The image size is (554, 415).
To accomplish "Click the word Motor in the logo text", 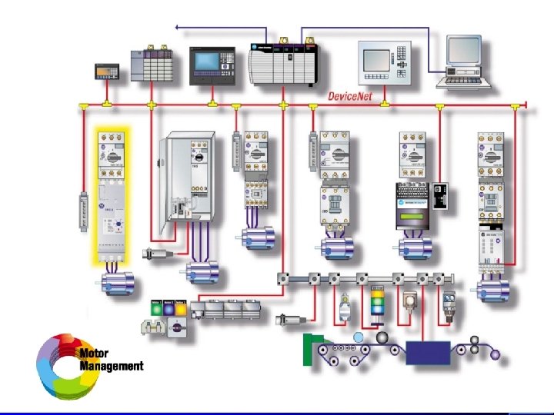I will pos(94,354).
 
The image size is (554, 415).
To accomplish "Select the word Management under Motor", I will pos(111,366).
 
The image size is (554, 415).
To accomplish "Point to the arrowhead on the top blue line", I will pos(178,28).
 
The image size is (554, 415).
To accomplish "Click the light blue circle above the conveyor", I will pos(358,337).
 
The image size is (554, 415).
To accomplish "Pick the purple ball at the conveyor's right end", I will pos(496,354).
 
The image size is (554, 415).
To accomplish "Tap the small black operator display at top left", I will pos(105,71).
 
